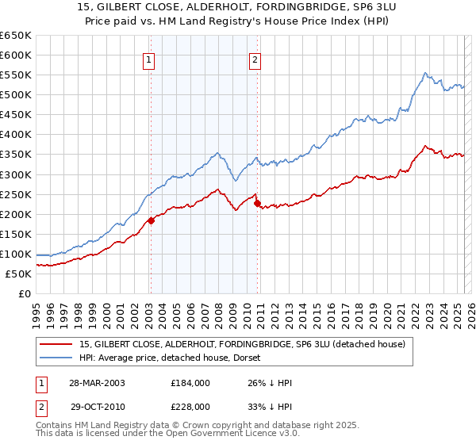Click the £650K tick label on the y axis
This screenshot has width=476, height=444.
(16, 36)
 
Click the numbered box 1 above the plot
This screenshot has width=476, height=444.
(149, 58)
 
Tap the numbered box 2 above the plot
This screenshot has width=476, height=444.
(255, 58)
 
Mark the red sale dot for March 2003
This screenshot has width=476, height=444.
(151, 220)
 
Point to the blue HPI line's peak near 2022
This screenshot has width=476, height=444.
(425, 73)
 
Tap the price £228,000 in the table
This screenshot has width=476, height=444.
(194, 405)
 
